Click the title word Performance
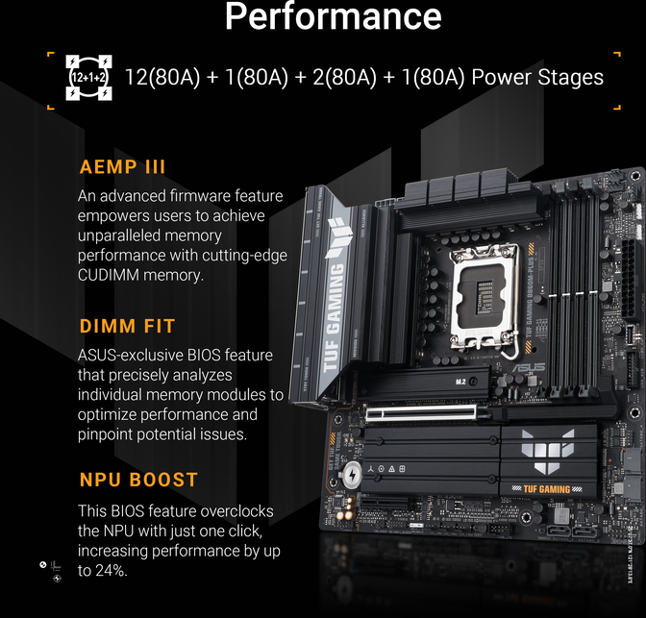(x=333, y=17)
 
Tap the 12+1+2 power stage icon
(x=87, y=78)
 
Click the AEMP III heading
(x=123, y=166)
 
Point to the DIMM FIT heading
(x=127, y=327)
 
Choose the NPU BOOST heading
(x=138, y=480)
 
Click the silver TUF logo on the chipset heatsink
(x=548, y=449)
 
